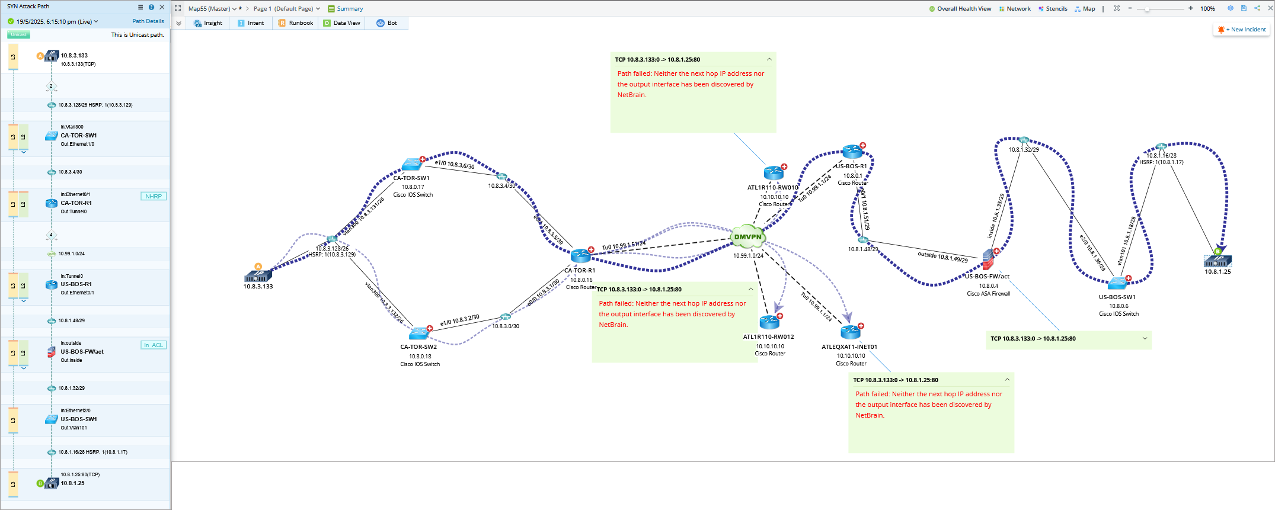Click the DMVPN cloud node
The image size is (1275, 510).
[x=747, y=237]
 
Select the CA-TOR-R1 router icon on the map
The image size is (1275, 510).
[x=580, y=256]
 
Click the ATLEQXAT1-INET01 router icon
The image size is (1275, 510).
[x=850, y=332]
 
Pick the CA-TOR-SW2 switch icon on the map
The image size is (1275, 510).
[x=418, y=333]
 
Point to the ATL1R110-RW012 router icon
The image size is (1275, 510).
[x=769, y=322]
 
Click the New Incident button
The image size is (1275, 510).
[x=1242, y=30]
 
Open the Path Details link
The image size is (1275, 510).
[x=148, y=21]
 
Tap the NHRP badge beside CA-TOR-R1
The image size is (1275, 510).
[x=154, y=197]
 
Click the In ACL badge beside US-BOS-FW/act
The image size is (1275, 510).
[x=154, y=345]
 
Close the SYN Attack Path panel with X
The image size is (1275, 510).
[x=162, y=7]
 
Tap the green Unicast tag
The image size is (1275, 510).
[x=18, y=35]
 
